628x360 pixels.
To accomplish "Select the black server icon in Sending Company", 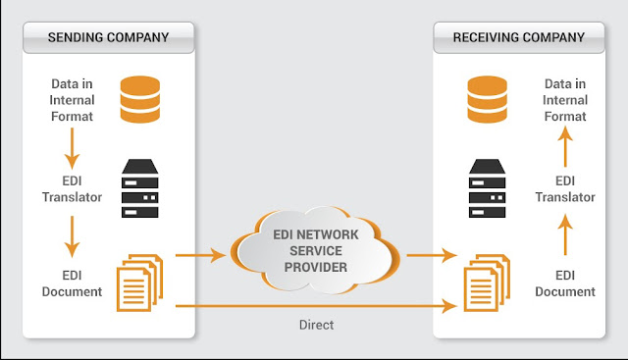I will click(139, 188).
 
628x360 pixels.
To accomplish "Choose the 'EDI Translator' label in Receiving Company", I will click(565, 190).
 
